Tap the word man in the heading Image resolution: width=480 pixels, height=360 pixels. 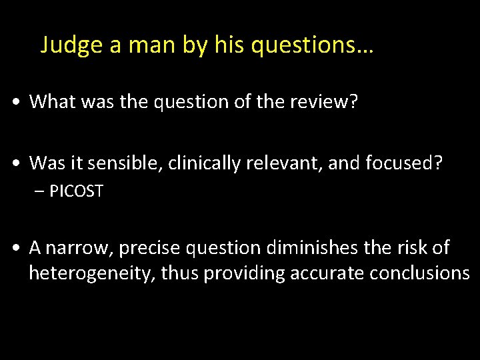pos(147,45)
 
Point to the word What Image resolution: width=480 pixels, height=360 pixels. pos(50,101)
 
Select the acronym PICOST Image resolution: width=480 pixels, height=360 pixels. pos(76,191)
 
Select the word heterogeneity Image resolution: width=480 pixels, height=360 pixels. pos(91,273)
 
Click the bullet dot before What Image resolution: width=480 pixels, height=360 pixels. pos(15,102)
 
